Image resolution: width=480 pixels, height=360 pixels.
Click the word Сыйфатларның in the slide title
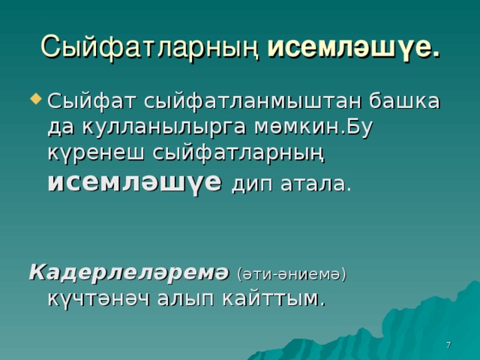(x=150, y=46)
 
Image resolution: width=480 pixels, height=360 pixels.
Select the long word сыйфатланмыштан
(x=253, y=102)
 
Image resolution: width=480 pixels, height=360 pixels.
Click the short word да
(x=61, y=127)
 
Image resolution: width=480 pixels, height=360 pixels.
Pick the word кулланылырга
(x=163, y=127)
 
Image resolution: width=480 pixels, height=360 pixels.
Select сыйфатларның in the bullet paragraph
(x=238, y=154)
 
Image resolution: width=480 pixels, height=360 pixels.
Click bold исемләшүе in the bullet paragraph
(x=135, y=183)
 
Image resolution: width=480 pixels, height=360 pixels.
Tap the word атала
(x=315, y=184)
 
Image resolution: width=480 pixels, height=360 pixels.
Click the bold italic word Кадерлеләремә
(x=129, y=272)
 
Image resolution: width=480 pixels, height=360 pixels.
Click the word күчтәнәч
(x=99, y=298)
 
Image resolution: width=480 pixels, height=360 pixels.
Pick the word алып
(x=186, y=299)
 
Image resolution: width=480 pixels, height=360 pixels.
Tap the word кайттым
(x=273, y=298)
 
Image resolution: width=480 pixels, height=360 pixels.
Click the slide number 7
(x=448, y=345)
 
